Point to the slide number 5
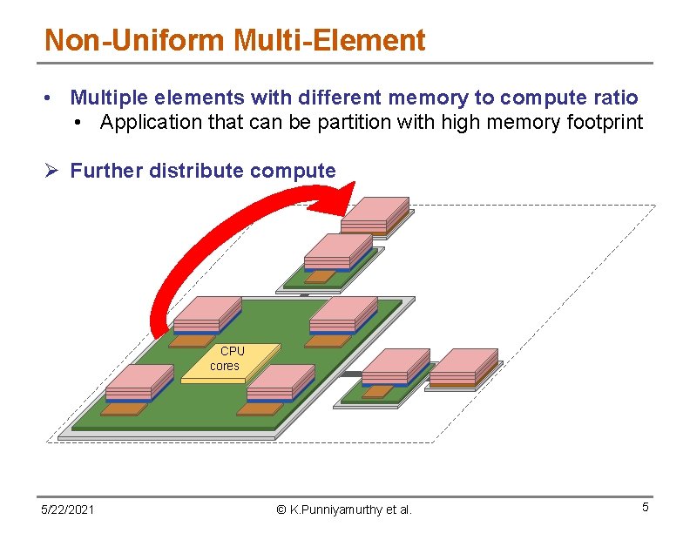click(646, 507)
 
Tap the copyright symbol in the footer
click(281, 509)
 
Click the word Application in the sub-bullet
click(151, 122)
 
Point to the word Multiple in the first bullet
click(107, 98)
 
